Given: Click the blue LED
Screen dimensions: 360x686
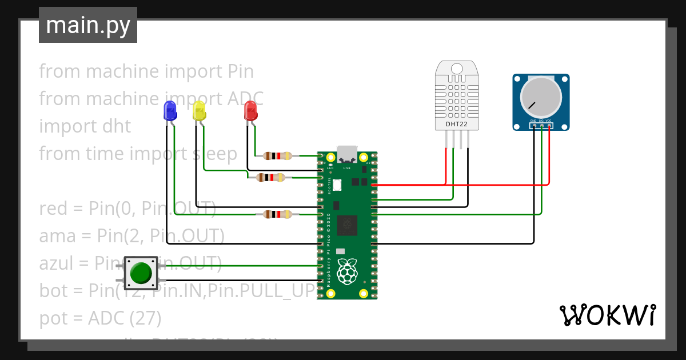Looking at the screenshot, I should [x=170, y=110].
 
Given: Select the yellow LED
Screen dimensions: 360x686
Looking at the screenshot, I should [x=198, y=110].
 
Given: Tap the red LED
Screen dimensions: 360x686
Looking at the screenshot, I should [x=250, y=110].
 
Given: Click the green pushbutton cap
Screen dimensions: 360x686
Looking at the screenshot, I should [x=140, y=273].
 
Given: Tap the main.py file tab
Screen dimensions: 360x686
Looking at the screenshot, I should [x=88, y=25].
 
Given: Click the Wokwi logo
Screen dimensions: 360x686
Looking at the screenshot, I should [x=607, y=315].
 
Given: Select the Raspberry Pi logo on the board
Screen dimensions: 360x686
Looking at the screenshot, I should [x=347, y=272].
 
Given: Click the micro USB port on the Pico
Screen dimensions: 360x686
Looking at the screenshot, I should [x=347, y=155].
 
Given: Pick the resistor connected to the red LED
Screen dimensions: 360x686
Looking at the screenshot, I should [x=277, y=155].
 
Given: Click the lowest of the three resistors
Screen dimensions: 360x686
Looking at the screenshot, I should [x=277, y=214].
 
